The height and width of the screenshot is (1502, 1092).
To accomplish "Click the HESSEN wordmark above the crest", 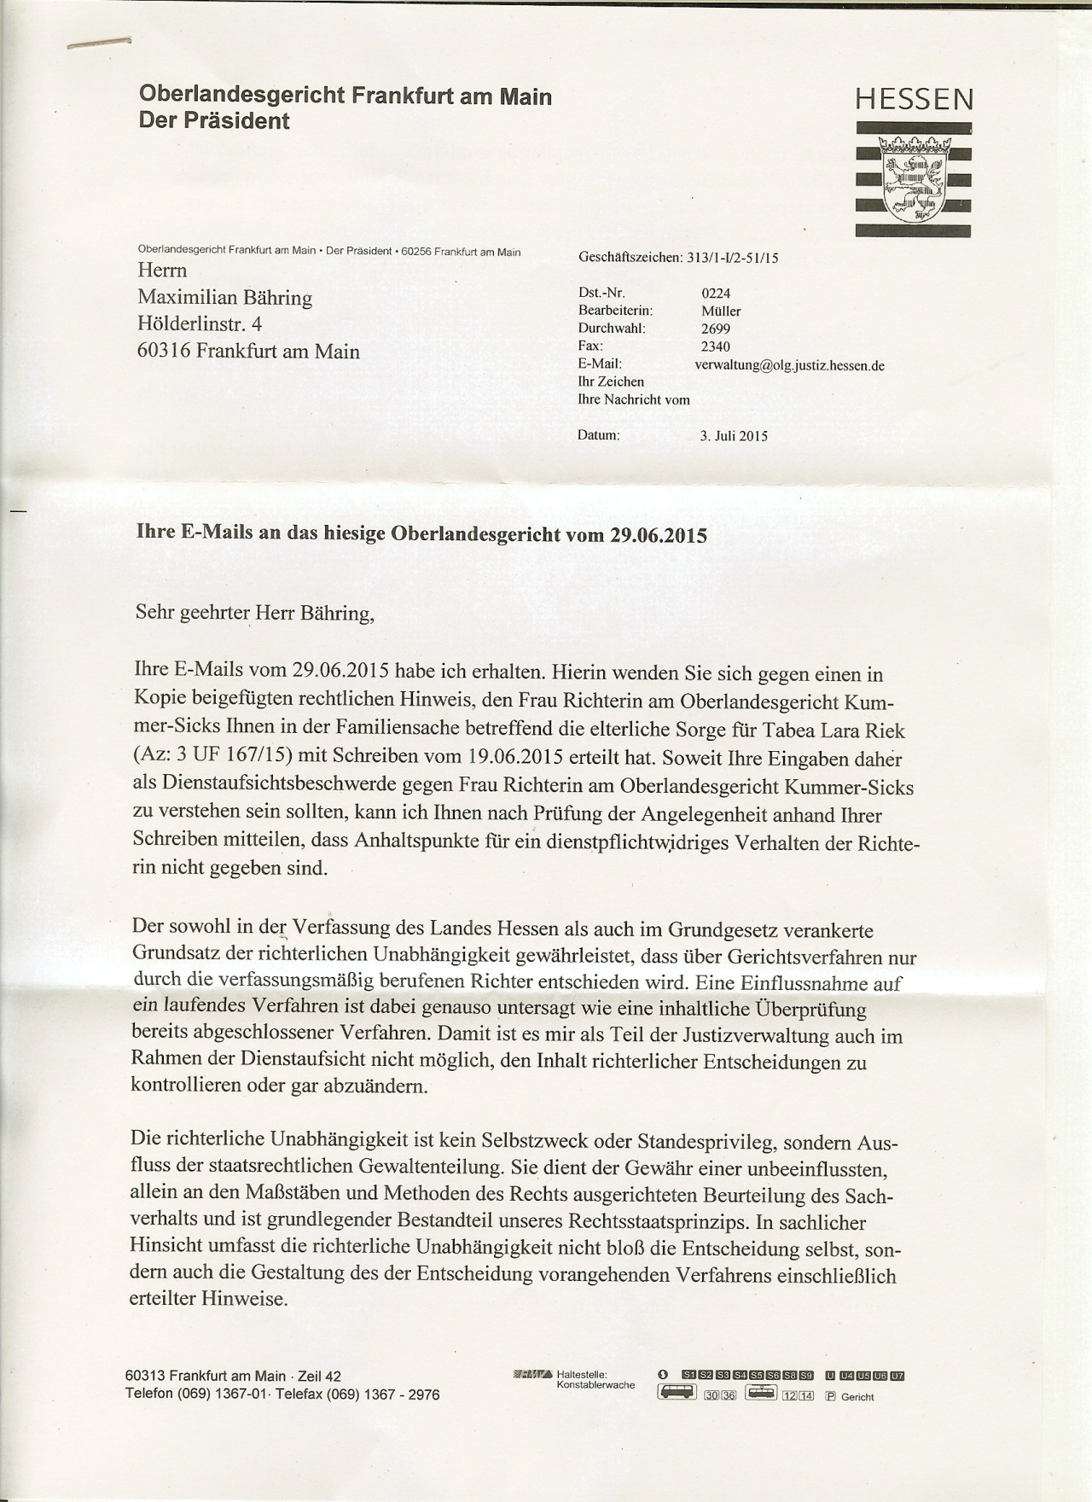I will [914, 100].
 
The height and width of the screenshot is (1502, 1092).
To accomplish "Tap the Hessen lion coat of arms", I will [914, 177].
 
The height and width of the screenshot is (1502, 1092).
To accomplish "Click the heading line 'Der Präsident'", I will [214, 121].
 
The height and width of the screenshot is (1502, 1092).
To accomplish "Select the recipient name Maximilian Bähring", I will [225, 298].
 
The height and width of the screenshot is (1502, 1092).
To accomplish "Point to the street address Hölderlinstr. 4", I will [200, 324].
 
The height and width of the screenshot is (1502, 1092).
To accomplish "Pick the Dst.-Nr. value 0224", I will [715, 294].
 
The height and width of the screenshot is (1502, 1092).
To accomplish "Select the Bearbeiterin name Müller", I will [721, 311].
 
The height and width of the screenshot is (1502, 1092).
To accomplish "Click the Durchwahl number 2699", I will [715, 329].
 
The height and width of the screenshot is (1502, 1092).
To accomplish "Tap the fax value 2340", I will [715, 346].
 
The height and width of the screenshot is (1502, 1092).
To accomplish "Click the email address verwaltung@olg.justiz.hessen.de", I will [789, 365].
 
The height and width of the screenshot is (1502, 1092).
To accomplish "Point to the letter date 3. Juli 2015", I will [734, 436].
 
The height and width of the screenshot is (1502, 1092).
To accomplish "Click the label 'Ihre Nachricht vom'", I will [634, 399].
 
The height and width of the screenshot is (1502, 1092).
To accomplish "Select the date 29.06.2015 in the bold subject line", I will [659, 535].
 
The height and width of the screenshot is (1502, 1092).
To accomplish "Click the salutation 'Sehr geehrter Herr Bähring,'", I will [254, 613].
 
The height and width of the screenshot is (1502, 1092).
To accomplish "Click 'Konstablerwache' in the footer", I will [595, 1384].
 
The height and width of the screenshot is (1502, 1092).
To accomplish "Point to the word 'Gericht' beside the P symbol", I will [857, 1397].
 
